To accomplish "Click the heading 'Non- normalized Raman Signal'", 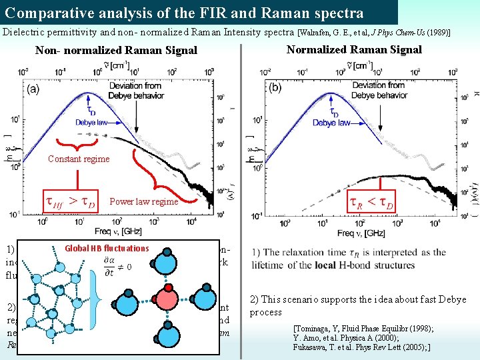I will click(x=117, y=50).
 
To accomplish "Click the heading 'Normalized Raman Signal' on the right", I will click(x=354, y=49).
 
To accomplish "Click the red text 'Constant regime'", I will click(x=79, y=159).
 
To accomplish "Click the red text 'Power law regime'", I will click(x=144, y=201).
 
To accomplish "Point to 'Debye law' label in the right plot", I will click(x=331, y=123).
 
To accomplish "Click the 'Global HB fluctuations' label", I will click(x=107, y=248).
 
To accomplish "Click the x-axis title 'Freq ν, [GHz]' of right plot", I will click(x=365, y=233).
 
